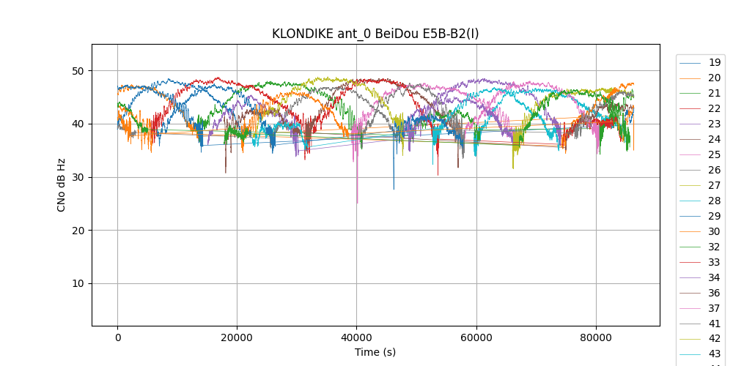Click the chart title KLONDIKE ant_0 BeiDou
point(375,34)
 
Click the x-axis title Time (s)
point(375,352)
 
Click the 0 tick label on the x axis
point(117,337)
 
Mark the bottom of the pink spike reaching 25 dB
point(357,203)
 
